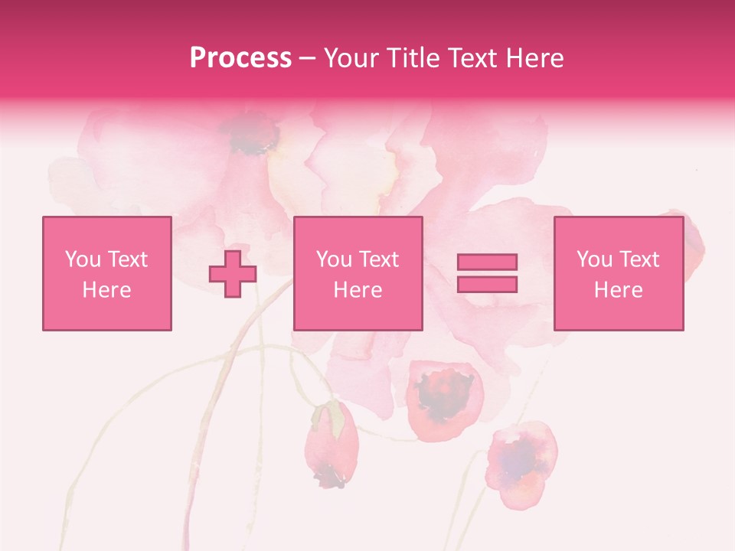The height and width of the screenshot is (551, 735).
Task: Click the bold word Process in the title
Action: [x=240, y=58]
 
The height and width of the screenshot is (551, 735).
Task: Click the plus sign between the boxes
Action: [x=233, y=273]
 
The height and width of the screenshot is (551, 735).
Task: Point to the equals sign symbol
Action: [x=487, y=273]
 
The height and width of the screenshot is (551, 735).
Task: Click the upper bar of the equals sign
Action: [x=487, y=262]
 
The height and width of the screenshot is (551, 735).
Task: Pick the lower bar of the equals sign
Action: [x=487, y=284]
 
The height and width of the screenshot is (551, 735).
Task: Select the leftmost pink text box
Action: [x=107, y=273]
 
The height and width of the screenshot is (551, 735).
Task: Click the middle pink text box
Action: [x=358, y=273]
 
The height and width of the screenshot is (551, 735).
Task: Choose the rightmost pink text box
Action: [x=619, y=273]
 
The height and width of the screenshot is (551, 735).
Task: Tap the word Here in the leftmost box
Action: [x=107, y=290]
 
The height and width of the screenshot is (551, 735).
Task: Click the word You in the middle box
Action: [x=334, y=259]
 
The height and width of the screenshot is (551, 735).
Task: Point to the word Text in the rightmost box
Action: [x=639, y=259]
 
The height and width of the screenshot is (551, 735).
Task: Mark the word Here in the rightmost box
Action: [x=619, y=290]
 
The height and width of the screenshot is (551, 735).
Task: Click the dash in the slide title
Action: [x=307, y=58]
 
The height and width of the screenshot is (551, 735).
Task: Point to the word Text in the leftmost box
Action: [x=128, y=259]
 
